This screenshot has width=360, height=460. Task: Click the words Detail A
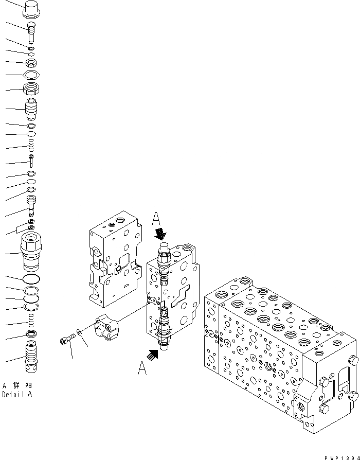click(16, 395)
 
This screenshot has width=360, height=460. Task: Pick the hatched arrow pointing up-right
click(153, 353)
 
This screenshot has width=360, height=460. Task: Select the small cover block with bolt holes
click(107, 328)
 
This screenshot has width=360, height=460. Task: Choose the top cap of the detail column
click(31, 9)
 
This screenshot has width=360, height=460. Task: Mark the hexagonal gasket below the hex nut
click(31, 75)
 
